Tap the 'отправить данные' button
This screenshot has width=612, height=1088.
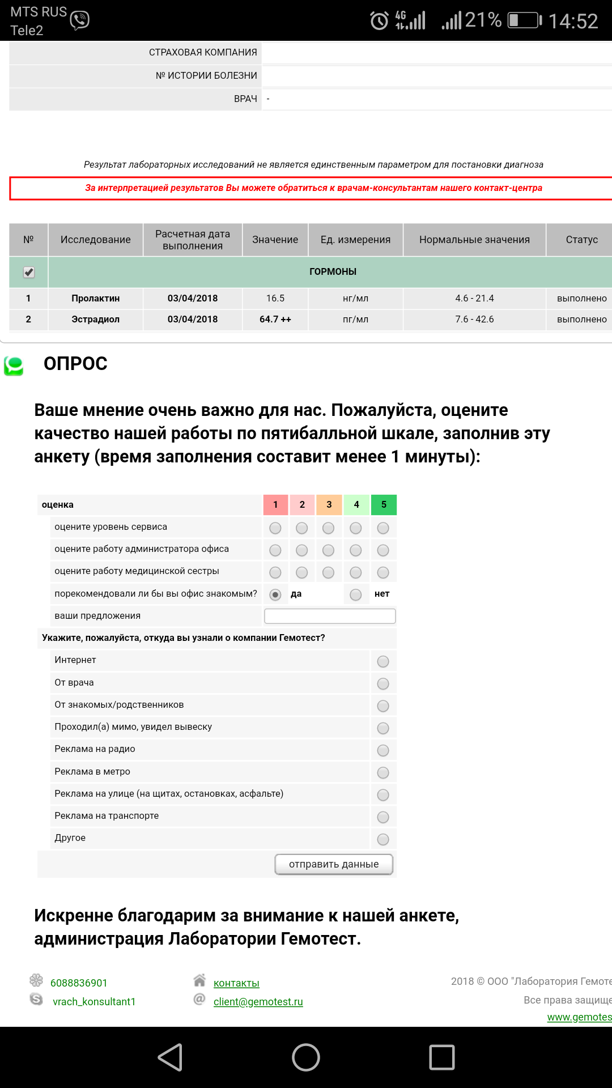(x=334, y=864)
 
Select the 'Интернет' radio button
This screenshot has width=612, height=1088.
(x=383, y=661)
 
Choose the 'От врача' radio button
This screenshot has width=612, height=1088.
(x=383, y=683)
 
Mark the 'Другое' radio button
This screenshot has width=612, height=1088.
(x=383, y=839)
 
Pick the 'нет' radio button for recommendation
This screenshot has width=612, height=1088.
(x=356, y=594)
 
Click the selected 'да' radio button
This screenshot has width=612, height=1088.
(x=275, y=594)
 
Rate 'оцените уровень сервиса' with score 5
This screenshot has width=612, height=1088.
(x=383, y=528)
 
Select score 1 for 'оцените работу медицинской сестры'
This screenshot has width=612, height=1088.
(x=275, y=572)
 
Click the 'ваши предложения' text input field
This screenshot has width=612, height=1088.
(x=330, y=616)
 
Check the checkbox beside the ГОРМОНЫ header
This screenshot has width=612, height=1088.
(x=29, y=273)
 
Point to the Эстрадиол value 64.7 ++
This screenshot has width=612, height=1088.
(x=275, y=320)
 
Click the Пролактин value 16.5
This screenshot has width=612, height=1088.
(x=275, y=299)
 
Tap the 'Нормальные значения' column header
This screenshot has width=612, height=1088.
(x=474, y=240)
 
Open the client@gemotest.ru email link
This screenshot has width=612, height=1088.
(x=258, y=1001)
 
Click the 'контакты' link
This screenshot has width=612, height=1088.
(x=236, y=983)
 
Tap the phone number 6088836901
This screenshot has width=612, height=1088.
(x=79, y=983)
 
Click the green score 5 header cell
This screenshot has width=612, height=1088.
(x=384, y=504)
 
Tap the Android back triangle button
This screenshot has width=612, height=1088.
(x=170, y=1057)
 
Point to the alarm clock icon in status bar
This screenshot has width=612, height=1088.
(x=379, y=21)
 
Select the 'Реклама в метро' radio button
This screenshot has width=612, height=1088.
(x=383, y=772)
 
